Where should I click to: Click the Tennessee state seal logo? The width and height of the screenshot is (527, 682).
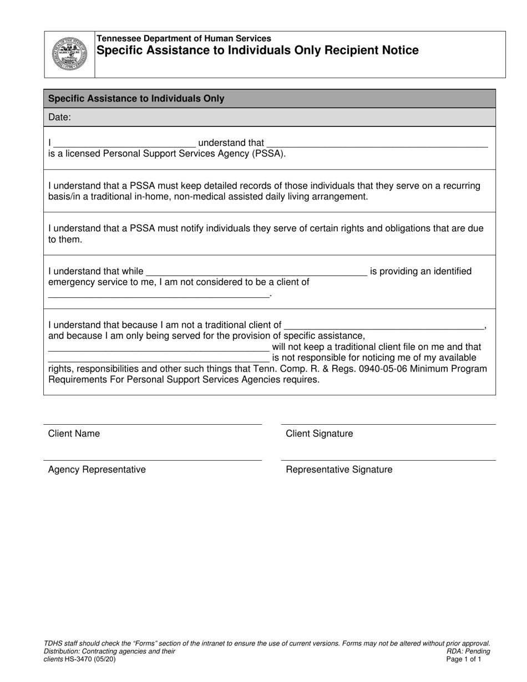click(x=69, y=54)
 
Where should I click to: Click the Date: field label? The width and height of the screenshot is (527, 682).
click(x=60, y=117)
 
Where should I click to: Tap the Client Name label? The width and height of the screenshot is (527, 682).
click(x=74, y=434)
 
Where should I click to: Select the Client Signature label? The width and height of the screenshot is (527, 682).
click(x=319, y=434)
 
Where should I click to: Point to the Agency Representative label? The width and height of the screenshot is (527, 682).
click(x=97, y=470)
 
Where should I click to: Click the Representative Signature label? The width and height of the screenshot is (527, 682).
click(x=338, y=470)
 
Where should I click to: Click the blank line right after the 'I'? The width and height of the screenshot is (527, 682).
click(x=125, y=145)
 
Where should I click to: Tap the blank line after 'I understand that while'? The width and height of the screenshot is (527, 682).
click(x=255, y=274)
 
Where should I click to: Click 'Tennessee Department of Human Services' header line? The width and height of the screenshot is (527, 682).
click(x=184, y=39)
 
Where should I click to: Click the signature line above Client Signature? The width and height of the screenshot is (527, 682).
click(x=388, y=424)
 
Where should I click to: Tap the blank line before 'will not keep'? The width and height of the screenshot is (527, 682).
click(x=158, y=349)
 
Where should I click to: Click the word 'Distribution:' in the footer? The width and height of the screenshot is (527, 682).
click(x=62, y=652)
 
